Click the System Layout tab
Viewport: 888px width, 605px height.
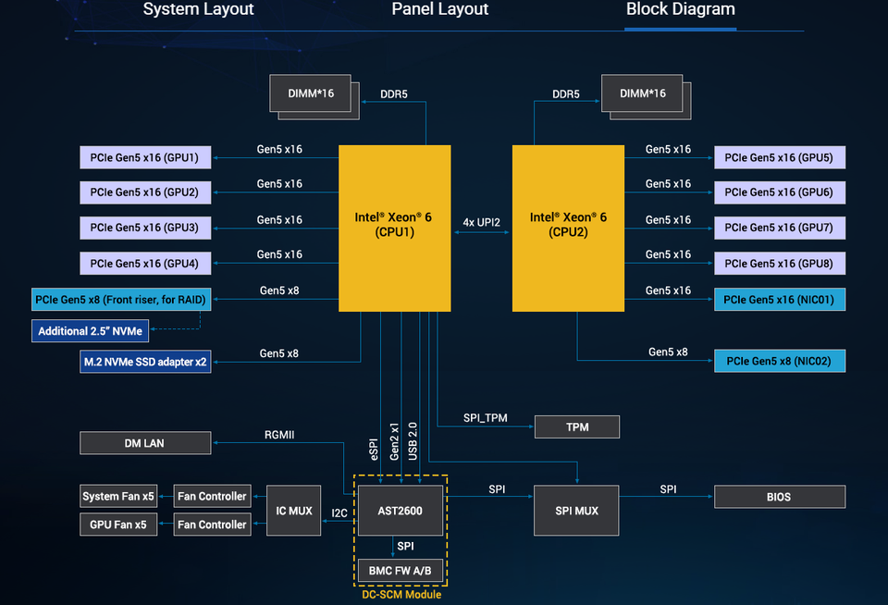coord(198,9)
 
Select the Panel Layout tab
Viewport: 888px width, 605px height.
coord(440,9)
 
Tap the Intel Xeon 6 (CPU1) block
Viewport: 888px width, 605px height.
coord(395,228)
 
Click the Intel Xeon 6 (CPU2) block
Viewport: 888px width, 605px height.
coord(568,228)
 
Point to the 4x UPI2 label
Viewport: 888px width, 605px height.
coord(481,222)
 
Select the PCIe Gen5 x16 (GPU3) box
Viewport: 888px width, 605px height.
coord(145,228)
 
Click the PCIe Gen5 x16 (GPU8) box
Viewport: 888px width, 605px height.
coord(780,264)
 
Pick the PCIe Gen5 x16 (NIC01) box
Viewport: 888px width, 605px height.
coord(780,300)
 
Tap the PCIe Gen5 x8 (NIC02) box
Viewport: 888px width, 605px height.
coord(780,361)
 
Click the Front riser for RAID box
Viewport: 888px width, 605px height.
coord(121,300)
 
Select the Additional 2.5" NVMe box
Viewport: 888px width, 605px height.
coord(90,331)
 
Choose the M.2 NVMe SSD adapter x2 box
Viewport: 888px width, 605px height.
coord(145,362)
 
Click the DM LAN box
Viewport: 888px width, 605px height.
coord(145,443)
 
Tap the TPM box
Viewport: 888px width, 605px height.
coord(577,427)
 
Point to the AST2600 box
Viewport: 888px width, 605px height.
coord(401,511)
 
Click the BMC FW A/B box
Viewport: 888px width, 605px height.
coord(401,571)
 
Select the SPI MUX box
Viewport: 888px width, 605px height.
coord(576,511)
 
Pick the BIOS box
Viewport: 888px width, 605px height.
coord(780,497)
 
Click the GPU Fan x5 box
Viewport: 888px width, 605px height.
coord(118,525)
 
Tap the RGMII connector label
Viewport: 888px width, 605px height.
coord(279,435)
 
